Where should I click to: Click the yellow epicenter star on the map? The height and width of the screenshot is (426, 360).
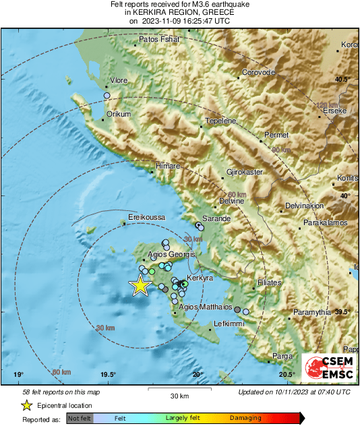[x=140, y=285]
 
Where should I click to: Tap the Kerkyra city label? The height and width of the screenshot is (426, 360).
[x=200, y=278]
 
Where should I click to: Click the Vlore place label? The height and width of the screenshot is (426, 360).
[x=119, y=80]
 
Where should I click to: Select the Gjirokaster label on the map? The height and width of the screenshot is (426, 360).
[x=244, y=172]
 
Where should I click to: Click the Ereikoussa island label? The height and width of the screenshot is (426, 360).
[x=146, y=218]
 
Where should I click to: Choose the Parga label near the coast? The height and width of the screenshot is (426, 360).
[x=282, y=355]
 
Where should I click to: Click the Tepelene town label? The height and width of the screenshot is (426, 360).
[x=220, y=121]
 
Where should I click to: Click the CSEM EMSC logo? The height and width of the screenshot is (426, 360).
[x=326, y=368]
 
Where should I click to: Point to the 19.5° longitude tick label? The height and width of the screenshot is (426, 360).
[x=108, y=375]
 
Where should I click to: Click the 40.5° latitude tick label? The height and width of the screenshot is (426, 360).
[x=342, y=80]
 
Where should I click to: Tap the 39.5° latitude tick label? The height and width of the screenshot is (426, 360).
[x=342, y=311]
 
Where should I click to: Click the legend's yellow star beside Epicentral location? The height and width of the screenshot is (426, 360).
[x=26, y=406]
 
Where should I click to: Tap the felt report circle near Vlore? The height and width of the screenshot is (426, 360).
[x=107, y=96]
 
